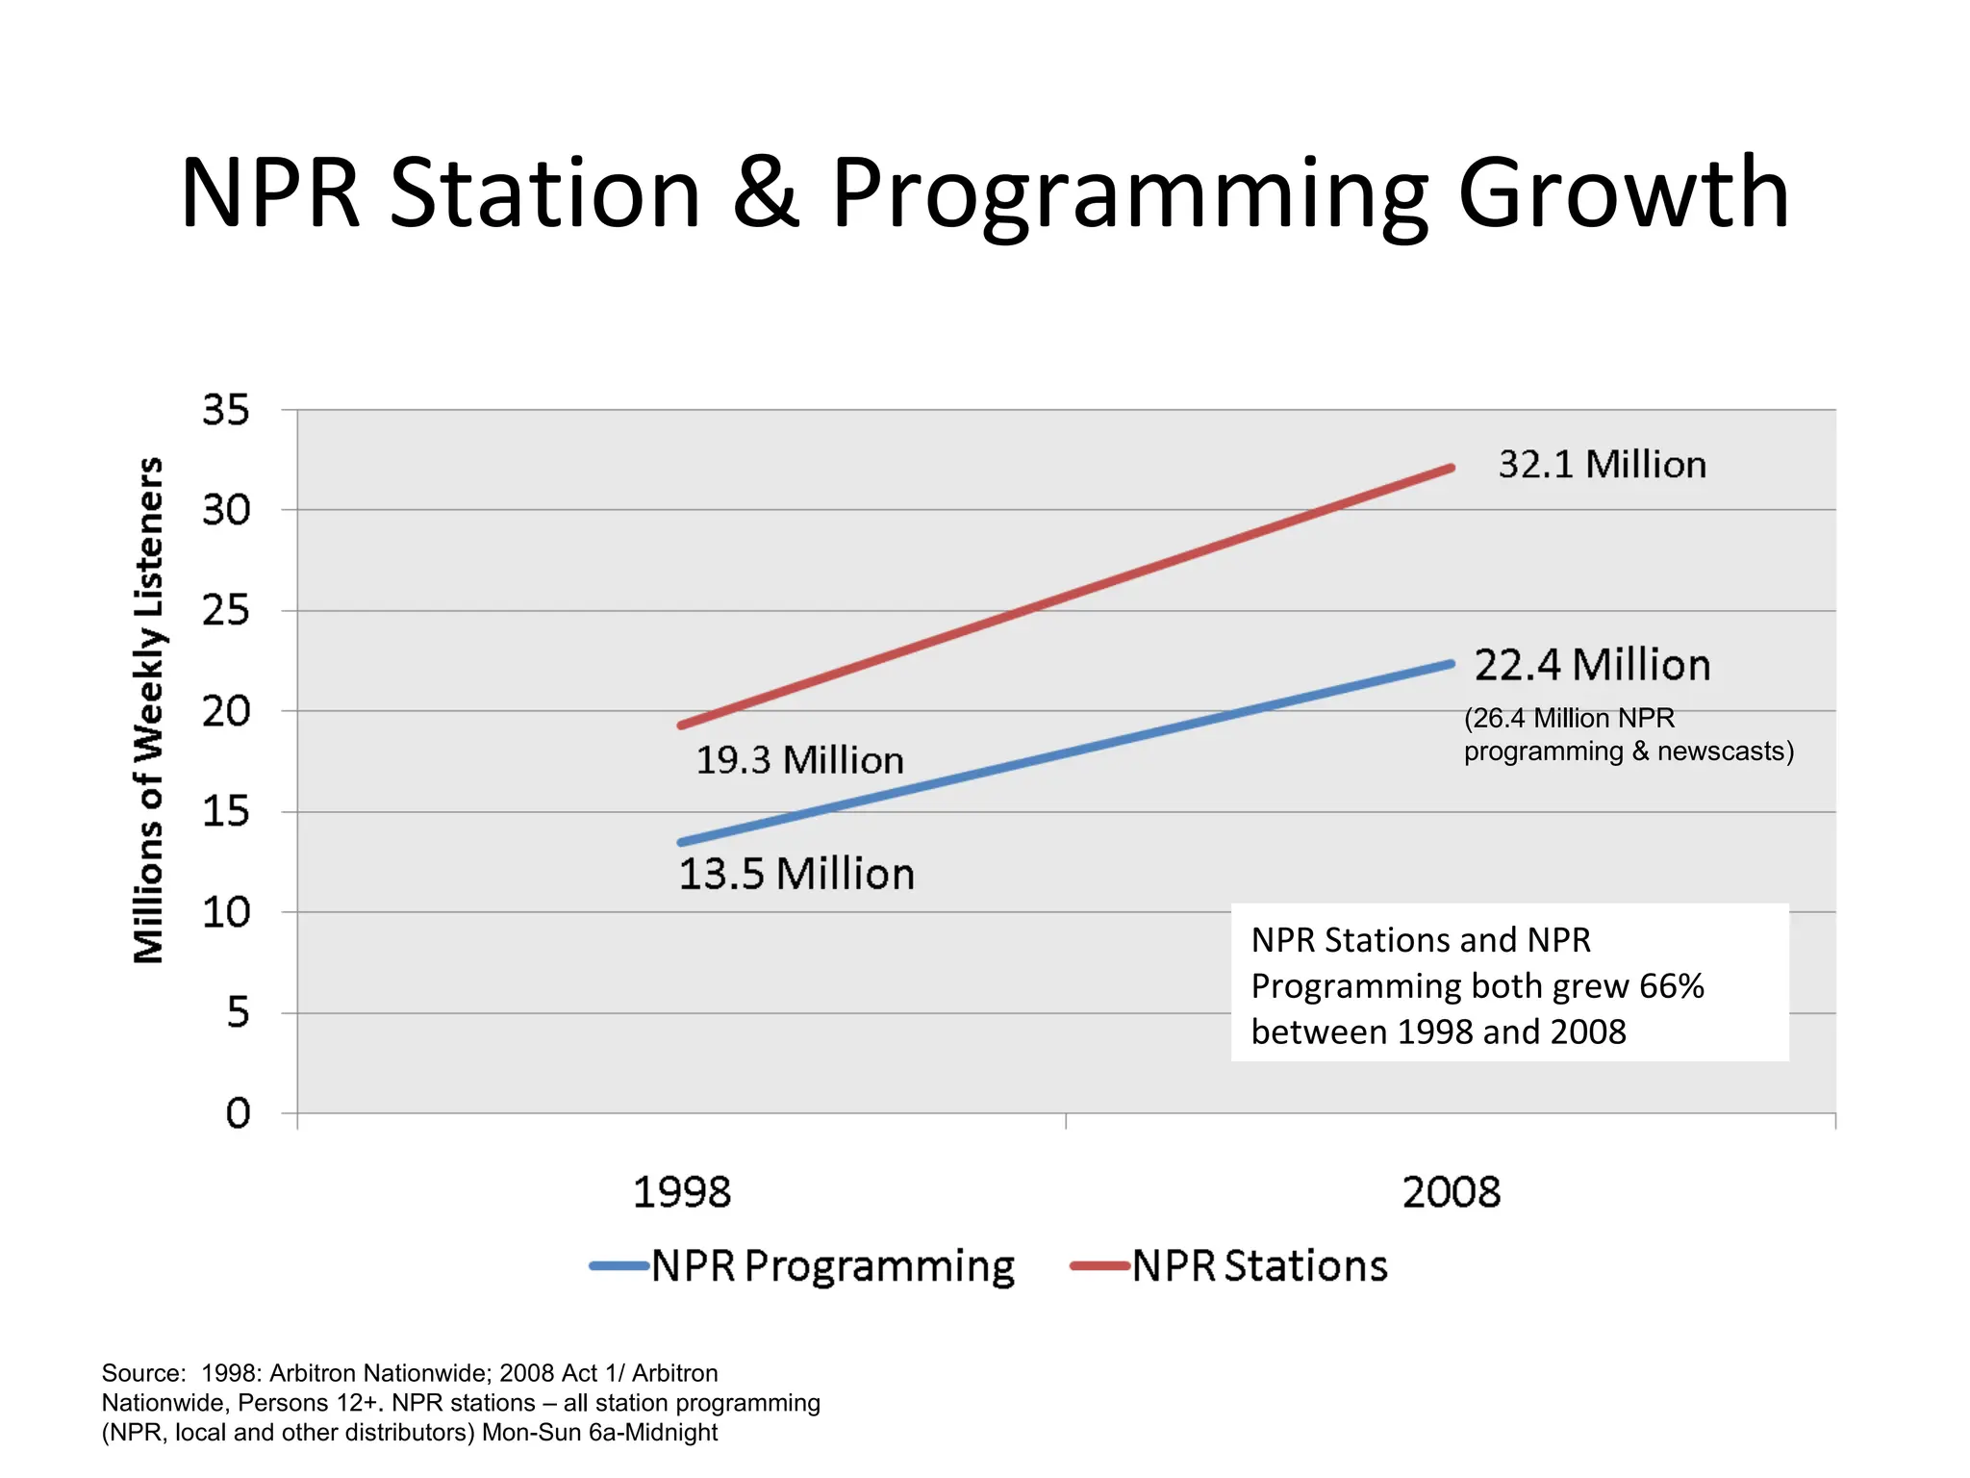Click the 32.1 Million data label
[1602, 465]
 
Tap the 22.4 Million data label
[1592, 665]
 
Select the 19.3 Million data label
[799, 760]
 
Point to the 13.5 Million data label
[796, 874]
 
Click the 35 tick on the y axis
[226, 410]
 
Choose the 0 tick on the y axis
[238, 1113]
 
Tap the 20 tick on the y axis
[226, 711]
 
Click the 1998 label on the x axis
[682, 1192]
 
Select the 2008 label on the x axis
[1451, 1192]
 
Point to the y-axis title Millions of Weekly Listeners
[149, 710]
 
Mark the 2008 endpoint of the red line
[1451, 469]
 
